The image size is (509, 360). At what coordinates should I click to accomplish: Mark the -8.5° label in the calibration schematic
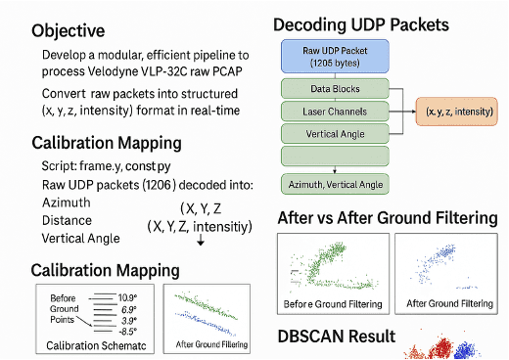coord(128,331)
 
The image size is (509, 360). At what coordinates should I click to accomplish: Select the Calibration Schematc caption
coord(95,346)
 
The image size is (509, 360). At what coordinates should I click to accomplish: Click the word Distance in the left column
coord(67,220)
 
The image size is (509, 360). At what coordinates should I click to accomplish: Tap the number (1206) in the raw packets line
coord(154,185)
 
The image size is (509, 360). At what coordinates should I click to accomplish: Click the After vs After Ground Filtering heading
coord(388,217)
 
